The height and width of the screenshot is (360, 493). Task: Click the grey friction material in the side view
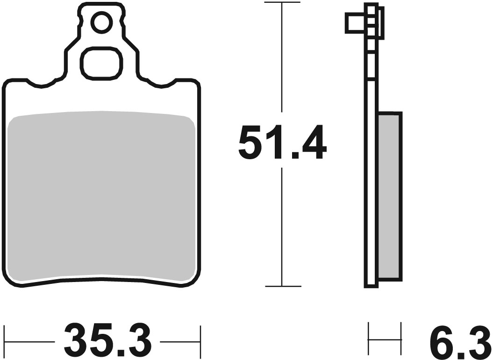(x=389, y=196)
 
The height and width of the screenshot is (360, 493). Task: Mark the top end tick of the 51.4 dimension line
(x=282, y=3)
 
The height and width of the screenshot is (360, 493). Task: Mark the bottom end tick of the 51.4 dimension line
(x=282, y=286)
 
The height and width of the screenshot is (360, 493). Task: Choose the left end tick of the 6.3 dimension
(x=369, y=338)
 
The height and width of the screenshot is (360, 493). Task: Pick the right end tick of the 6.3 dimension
(x=401, y=338)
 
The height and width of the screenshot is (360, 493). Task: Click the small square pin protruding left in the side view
(x=355, y=23)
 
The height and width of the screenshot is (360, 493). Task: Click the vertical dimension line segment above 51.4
(x=282, y=61)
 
